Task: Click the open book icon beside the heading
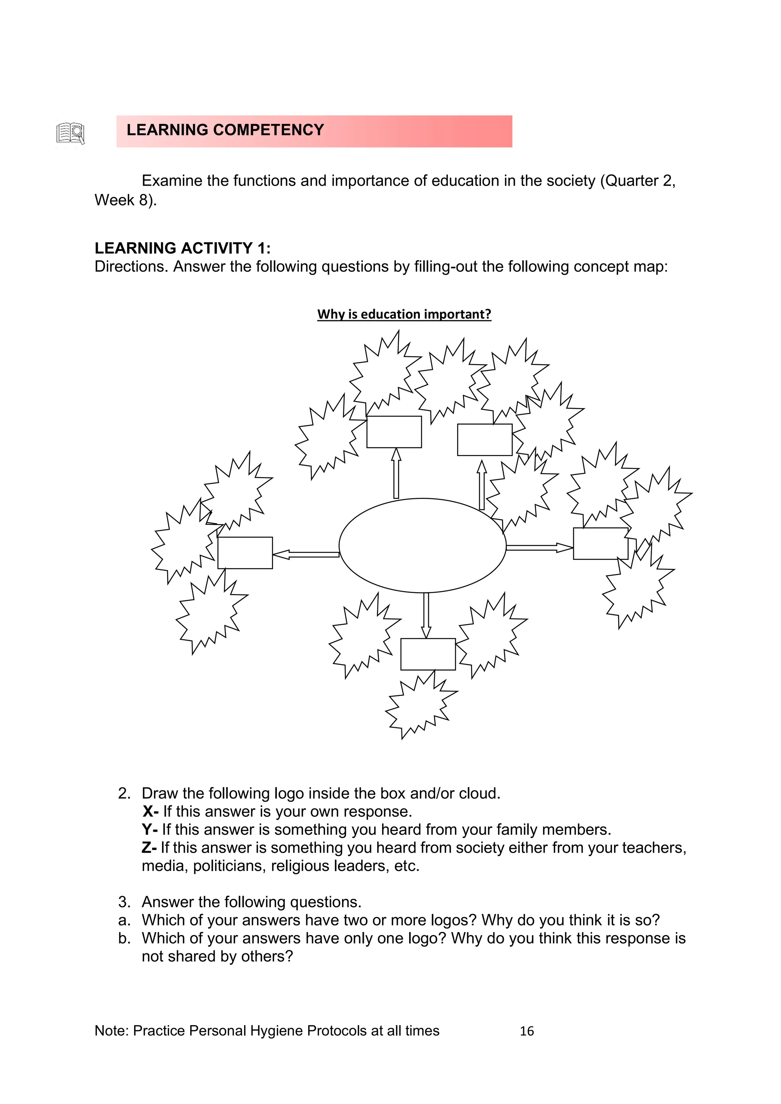[x=71, y=133]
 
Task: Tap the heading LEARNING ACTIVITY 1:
[x=182, y=248]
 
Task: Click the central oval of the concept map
[x=422, y=545]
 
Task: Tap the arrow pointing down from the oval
[x=426, y=615]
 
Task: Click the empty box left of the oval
[x=245, y=553]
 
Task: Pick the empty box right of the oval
[x=600, y=543]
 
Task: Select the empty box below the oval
[x=427, y=654]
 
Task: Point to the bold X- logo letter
[x=150, y=812]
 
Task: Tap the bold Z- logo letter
[x=149, y=848]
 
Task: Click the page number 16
[x=527, y=1031]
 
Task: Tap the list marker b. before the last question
[x=124, y=938]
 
